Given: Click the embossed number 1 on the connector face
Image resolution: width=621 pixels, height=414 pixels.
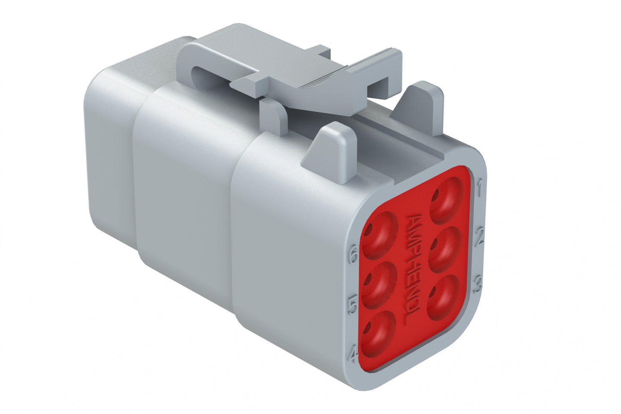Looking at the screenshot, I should point(480,186).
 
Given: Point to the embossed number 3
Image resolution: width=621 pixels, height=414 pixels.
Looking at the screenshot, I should point(477,284).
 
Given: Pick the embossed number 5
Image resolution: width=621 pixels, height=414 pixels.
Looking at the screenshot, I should point(352,306).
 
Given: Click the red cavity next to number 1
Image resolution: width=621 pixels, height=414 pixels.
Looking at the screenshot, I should point(446,199).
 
